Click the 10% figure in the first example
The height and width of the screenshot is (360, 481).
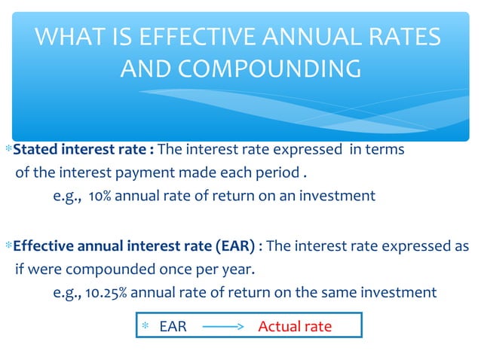98,196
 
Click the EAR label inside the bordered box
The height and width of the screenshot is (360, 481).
173,327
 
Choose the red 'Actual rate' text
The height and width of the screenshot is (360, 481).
295,327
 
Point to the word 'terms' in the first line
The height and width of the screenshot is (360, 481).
385,149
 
